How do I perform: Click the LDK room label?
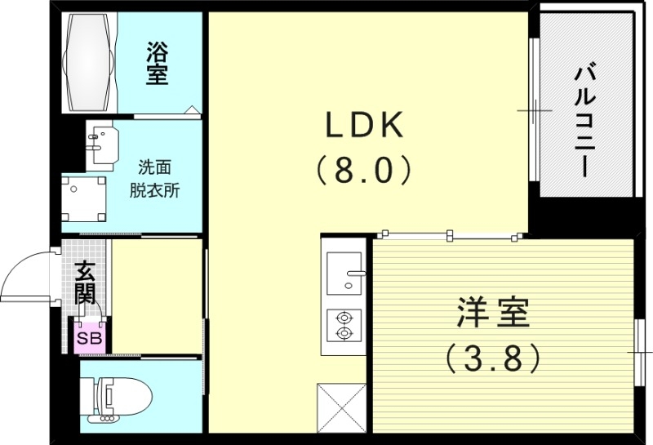coord(365,125)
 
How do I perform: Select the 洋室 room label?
coord(492,314)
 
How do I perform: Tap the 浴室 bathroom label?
coord(157,64)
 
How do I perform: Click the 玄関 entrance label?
coord(85,282)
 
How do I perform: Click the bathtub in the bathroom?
coord(90,63)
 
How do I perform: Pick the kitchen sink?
coord(344,273)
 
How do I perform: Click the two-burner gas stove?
coord(344,325)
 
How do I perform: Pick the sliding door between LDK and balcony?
coord(532,110)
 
